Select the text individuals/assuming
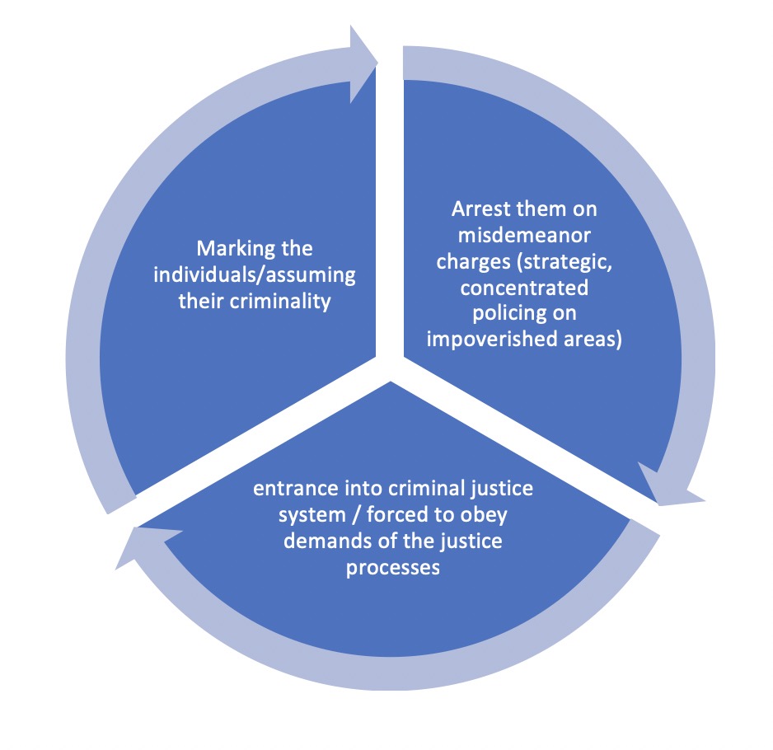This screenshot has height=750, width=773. [255, 274]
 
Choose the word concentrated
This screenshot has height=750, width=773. [524, 288]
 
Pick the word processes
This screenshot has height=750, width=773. [392, 568]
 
